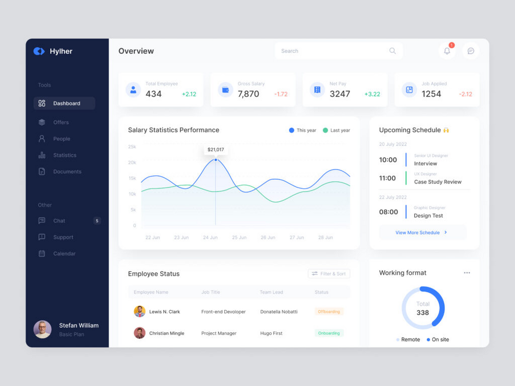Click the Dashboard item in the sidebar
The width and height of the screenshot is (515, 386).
[65, 103]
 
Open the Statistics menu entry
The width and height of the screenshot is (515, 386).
[64, 155]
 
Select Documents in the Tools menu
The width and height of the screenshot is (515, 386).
[67, 171]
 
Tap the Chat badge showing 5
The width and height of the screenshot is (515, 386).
[97, 221]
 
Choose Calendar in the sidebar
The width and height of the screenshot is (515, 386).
[64, 253]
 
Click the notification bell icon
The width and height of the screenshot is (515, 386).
[447, 51]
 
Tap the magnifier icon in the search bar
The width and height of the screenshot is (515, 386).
[393, 51]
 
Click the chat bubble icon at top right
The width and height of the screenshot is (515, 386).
[470, 51]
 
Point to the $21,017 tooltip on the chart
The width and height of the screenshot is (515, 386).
[216, 149]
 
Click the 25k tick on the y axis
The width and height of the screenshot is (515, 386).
[132, 147]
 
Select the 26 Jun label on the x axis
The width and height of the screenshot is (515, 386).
[267, 238]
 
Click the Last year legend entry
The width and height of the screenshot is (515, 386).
[336, 131]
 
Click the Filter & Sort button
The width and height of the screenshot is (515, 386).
[329, 274]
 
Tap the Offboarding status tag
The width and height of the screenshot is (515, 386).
[328, 311]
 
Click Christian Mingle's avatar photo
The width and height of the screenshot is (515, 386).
[139, 333]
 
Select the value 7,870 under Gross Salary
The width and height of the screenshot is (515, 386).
[249, 94]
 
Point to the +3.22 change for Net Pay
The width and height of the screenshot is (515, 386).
[372, 94]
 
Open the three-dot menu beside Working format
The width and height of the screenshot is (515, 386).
[467, 273]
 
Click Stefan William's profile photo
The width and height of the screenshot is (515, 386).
[43, 329]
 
